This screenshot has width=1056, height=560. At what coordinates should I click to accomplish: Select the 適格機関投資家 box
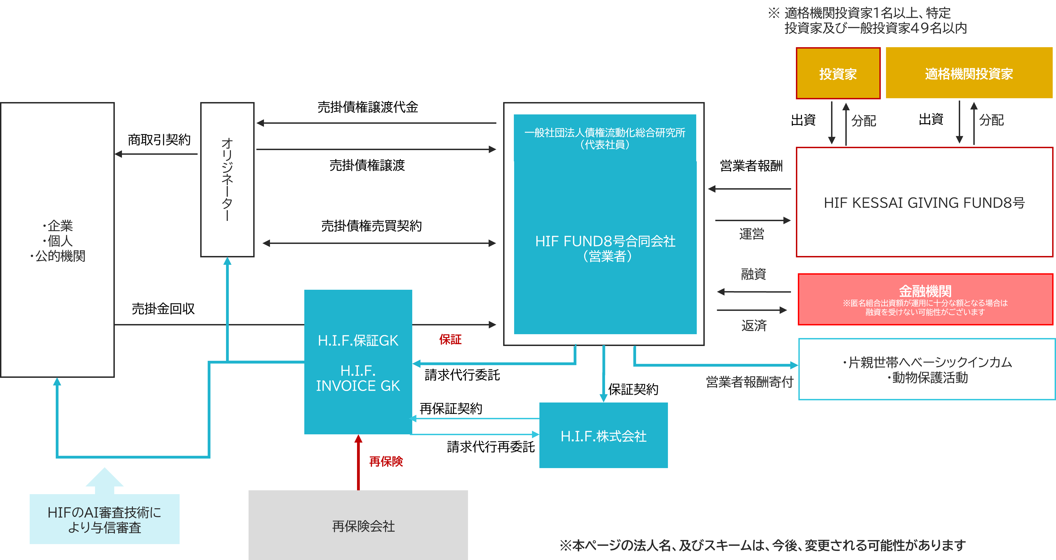pyautogui.click(x=969, y=73)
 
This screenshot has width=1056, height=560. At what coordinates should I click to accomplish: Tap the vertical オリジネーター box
pyautogui.click(x=227, y=179)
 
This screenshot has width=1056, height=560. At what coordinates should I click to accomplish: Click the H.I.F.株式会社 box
pyautogui.click(x=603, y=435)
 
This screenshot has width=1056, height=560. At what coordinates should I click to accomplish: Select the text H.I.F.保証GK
pyautogui.click(x=358, y=340)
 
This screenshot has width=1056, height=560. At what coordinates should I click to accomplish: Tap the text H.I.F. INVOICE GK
pyautogui.click(x=358, y=378)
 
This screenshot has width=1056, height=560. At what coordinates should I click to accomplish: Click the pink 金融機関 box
pyautogui.click(x=925, y=299)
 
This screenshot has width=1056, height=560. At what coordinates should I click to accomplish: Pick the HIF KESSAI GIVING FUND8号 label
pyautogui.click(x=924, y=203)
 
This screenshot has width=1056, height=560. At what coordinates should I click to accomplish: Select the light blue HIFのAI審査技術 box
pyautogui.click(x=105, y=519)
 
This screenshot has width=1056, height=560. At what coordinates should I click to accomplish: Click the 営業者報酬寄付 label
pyautogui.click(x=749, y=382)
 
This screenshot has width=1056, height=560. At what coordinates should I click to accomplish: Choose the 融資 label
pyautogui.click(x=753, y=274)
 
